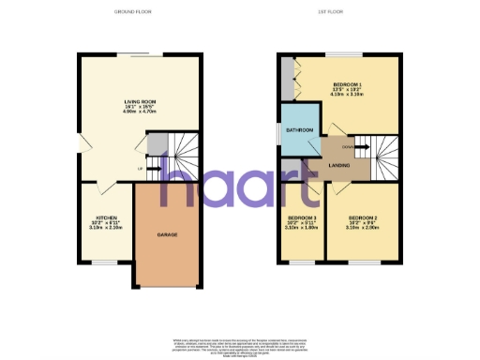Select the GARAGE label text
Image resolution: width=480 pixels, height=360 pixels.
(167, 234)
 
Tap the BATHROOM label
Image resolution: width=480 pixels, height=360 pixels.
(300, 129)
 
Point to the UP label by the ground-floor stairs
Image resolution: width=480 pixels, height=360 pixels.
(141, 169)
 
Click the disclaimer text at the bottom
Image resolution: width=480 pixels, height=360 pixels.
(240, 344)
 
